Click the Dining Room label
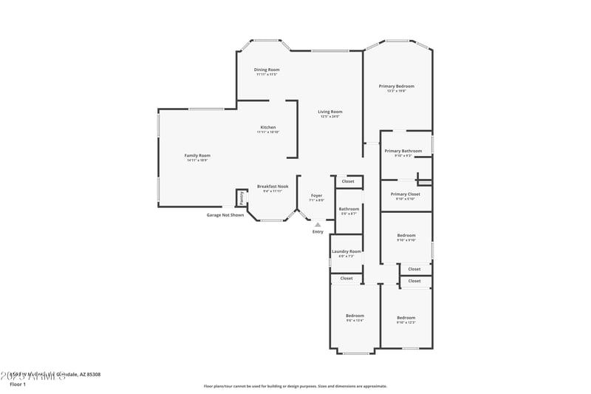pyautogui.click(x=267, y=69)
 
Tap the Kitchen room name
pyautogui.click(x=267, y=127)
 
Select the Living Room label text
pyautogui.click(x=330, y=112)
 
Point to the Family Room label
pyautogui.click(x=197, y=155)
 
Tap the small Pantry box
pyautogui.click(x=241, y=198)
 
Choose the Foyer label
pyautogui.click(x=316, y=195)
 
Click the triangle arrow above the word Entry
pyautogui.click(x=318, y=224)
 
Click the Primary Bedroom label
pyautogui.click(x=397, y=86)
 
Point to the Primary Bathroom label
pyautogui.click(x=403, y=151)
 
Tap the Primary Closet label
pyautogui.click(x=406, y=194)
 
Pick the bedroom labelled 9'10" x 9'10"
pyautogui.click(x=406, y=237)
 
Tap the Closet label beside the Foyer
pyautogui.click(x=347, y=181)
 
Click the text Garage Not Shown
pyautogui.click(x=225, y=215)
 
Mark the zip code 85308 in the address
pyautogui.click(x=92, y=375)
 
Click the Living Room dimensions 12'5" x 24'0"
pyautogui.click(x=330, y=116)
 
